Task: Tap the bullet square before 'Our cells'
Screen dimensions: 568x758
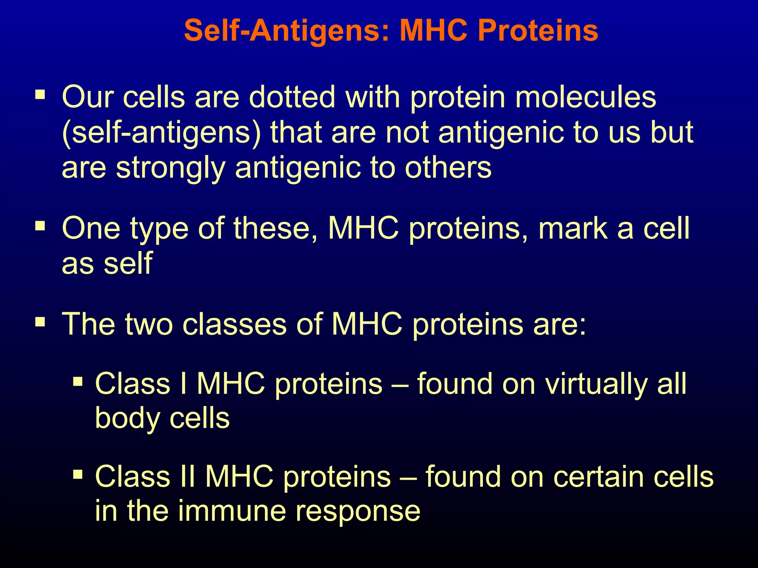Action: click(x=40, y=95)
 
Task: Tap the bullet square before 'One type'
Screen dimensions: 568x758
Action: click(x=40, y=226)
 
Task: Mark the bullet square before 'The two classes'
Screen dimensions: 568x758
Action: click(x=40, y=322)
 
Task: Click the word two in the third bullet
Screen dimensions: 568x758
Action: click(x=149, y=324)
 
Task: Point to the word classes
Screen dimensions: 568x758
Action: click(x=235, y=324)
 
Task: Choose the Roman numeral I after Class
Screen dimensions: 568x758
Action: click(x=184, y=383)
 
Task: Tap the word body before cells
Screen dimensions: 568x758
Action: click(x=127, y=419)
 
